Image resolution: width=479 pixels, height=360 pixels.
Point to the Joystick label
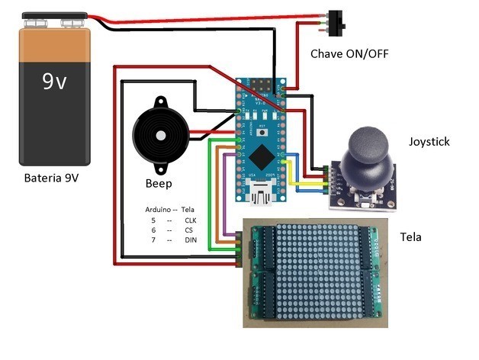tap(429, 141)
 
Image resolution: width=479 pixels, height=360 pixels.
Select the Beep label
tap(158, 184)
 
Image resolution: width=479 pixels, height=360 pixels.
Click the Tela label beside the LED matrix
tap(410, 237)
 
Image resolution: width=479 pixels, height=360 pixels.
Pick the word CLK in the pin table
tap(191, 219)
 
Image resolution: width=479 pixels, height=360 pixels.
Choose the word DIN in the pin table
tap(191, 240)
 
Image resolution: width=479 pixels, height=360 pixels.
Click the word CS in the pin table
tap(189, 230)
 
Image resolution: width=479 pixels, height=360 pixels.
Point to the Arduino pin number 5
tap(153, 219)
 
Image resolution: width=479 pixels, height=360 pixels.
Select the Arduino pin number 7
tap(153, 240)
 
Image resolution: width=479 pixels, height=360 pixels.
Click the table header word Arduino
tap(157, 208)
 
